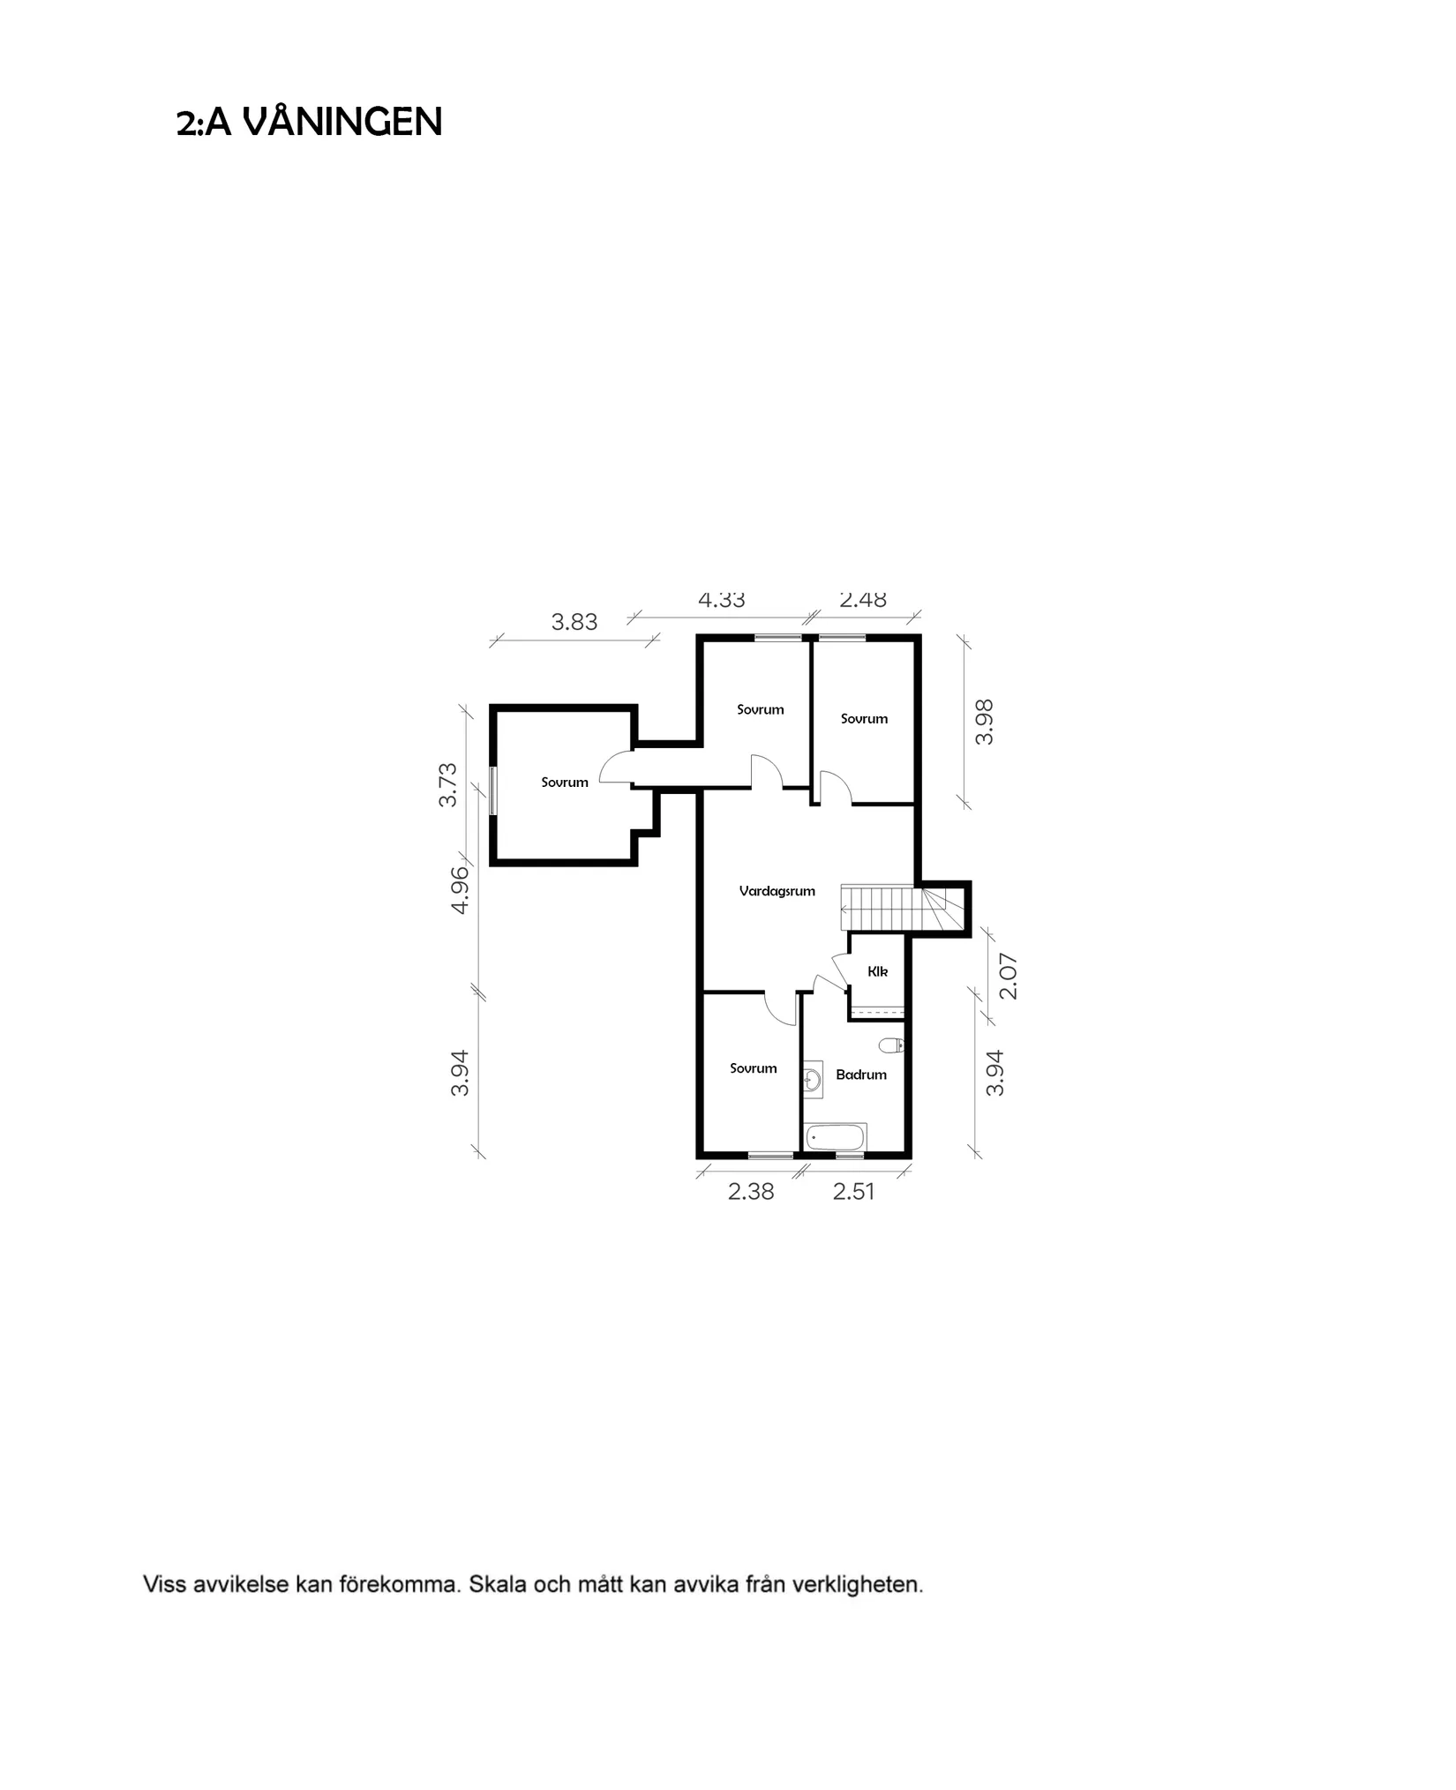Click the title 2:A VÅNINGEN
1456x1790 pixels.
(309, 122)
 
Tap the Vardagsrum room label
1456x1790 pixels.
(777, 891)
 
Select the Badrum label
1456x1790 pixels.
(861, 1075)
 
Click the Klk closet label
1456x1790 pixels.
(877, 971)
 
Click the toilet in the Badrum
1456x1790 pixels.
(891, 1045)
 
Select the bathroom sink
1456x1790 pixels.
(812, 1078)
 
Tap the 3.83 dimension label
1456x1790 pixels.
(574, 622)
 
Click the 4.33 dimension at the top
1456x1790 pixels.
(722, 601)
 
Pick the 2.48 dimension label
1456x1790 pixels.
(863, 600)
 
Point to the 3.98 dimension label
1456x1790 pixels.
(985, 722)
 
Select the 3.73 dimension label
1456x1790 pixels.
(448, 784)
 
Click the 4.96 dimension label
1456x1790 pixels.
(460, 891)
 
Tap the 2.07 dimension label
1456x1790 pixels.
(1009, 976)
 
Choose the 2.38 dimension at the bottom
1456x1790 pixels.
(751, 1192)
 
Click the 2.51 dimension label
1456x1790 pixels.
(853, 1192)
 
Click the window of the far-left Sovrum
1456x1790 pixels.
(492, 790)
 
